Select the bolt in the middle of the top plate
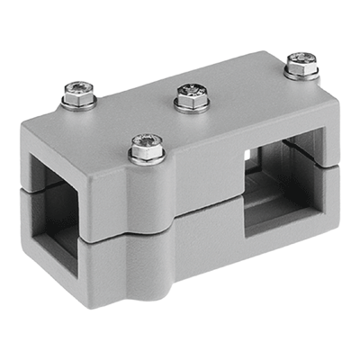[191, 93]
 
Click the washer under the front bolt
[146, 158]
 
